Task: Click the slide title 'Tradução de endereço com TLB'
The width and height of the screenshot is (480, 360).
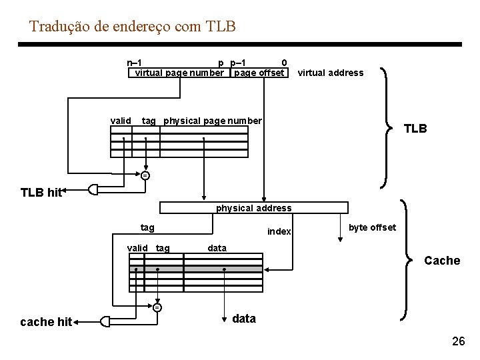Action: click(133, 27)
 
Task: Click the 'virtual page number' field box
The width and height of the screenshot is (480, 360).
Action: click(179, 73)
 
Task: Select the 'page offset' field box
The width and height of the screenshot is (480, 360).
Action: click(259, 73)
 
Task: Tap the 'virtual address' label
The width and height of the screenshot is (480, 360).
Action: click(330, 73)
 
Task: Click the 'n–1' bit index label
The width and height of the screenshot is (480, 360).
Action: click(133, 63)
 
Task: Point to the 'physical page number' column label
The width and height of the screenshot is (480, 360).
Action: click(213, 121)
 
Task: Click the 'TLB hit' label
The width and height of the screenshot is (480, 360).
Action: click(41, 193)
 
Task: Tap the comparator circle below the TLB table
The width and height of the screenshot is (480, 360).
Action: click(145, 175)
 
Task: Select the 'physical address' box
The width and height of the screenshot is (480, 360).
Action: click(253, 208)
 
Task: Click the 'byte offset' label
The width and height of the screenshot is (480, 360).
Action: click(372, 227)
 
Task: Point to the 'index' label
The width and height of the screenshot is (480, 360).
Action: click(279, 231)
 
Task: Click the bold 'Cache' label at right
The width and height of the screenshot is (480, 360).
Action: click(442, 261)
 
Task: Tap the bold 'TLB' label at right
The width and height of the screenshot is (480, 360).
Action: click(415, 129)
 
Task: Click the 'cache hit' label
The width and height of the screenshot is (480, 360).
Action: click(46, 322)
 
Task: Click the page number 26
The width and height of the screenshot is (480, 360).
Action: click(458, 341)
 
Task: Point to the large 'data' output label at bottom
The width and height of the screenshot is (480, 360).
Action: click(244, 319)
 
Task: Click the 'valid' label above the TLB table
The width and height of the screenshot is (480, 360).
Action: click(121, 121)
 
